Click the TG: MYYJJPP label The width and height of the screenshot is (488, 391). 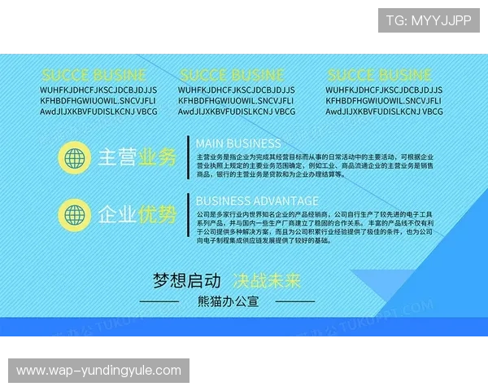pos(429,20)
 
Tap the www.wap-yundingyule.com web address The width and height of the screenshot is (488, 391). pos(99,371)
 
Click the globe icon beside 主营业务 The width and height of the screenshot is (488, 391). pos(76,156)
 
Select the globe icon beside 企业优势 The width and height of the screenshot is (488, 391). pos(76,215)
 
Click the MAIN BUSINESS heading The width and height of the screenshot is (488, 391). pos(238,143)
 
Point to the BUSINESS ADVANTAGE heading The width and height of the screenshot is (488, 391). pos(257,200)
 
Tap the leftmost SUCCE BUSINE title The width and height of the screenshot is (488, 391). pos(94,76)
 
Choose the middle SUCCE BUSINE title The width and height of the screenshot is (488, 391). pos(233,76)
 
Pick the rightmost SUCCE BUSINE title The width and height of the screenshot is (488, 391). pos(380,76)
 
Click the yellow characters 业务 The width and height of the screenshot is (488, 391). pos(158,156)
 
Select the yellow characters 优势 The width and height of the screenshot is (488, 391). pos(158,215)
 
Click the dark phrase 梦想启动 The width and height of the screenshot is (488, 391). pos(187,280)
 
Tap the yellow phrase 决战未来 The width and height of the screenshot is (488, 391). pos(267,280)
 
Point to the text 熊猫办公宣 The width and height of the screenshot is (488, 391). pos(228,301)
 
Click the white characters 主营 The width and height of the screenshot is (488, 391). pos(117,156)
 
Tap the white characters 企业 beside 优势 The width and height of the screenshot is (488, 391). pos(117,215)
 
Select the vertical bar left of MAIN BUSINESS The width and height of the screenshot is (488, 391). pos(189,156)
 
